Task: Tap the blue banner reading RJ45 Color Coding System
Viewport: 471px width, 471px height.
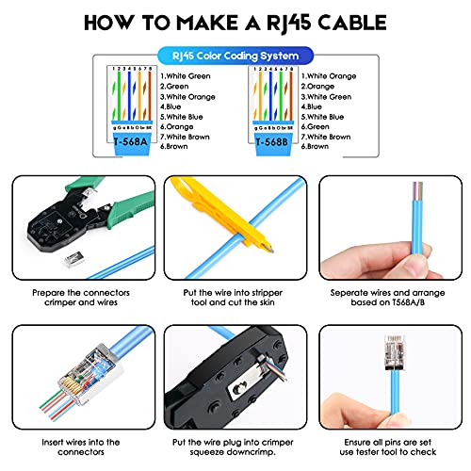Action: [235, 56]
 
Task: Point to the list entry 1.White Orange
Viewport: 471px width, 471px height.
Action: [330, 75]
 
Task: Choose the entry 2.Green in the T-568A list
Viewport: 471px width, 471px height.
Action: [174, 86]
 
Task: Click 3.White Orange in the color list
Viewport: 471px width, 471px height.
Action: [189, 97]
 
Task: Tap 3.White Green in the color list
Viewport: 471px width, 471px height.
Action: [330, 97]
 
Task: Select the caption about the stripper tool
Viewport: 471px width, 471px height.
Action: [235, 298]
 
